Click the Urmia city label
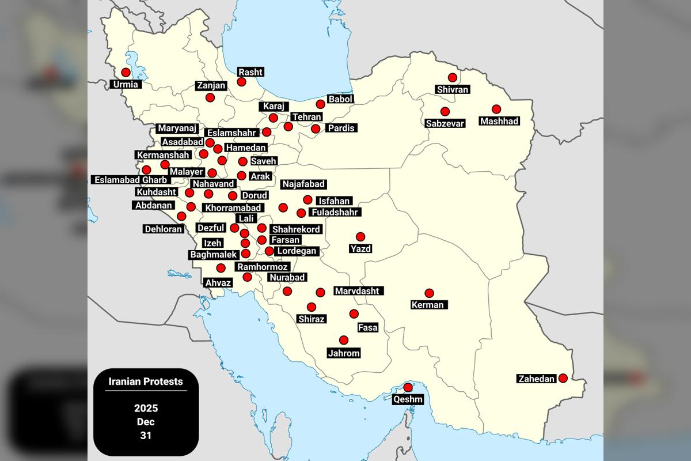126,85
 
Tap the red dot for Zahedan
563,378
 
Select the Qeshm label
408,399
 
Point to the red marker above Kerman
429,293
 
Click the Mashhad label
499,121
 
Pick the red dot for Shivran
453,77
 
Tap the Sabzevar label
445,123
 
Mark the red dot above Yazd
360,237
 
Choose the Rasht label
250,72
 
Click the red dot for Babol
321,104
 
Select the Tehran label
306,117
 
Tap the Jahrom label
344,353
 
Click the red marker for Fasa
354,314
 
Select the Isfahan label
334,201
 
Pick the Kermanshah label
163,155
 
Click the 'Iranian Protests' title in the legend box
146,381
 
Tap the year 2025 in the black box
146,409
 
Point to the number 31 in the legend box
146,436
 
